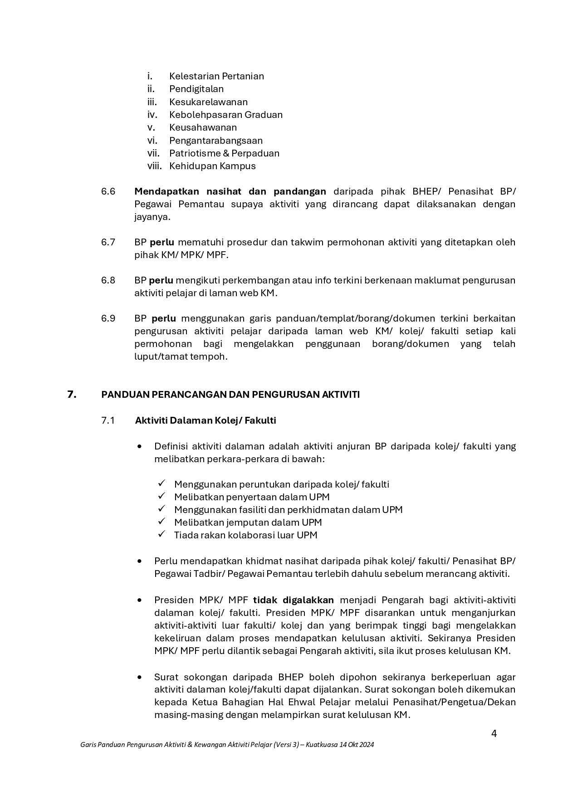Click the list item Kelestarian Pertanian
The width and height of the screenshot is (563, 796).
216,76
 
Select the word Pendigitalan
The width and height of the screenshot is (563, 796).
196,89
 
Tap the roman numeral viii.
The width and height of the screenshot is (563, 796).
154,166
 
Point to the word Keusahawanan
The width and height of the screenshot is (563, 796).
203,127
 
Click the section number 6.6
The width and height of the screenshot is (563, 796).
108,191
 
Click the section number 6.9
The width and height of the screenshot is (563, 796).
108,318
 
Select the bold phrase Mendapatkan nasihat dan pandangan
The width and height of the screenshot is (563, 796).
230,191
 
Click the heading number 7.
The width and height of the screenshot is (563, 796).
72,395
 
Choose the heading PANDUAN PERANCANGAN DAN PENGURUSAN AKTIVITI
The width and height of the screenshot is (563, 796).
230,395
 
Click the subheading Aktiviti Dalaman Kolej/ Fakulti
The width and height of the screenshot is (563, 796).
206,420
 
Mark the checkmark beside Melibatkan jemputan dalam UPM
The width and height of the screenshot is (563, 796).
162,522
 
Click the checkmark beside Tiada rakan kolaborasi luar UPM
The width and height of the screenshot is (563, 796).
162,535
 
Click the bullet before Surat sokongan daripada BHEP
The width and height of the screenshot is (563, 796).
139,677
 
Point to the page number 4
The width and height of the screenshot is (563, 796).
494,733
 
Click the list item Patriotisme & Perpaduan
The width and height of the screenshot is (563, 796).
224,153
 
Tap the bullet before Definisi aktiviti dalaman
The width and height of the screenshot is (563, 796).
139,446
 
